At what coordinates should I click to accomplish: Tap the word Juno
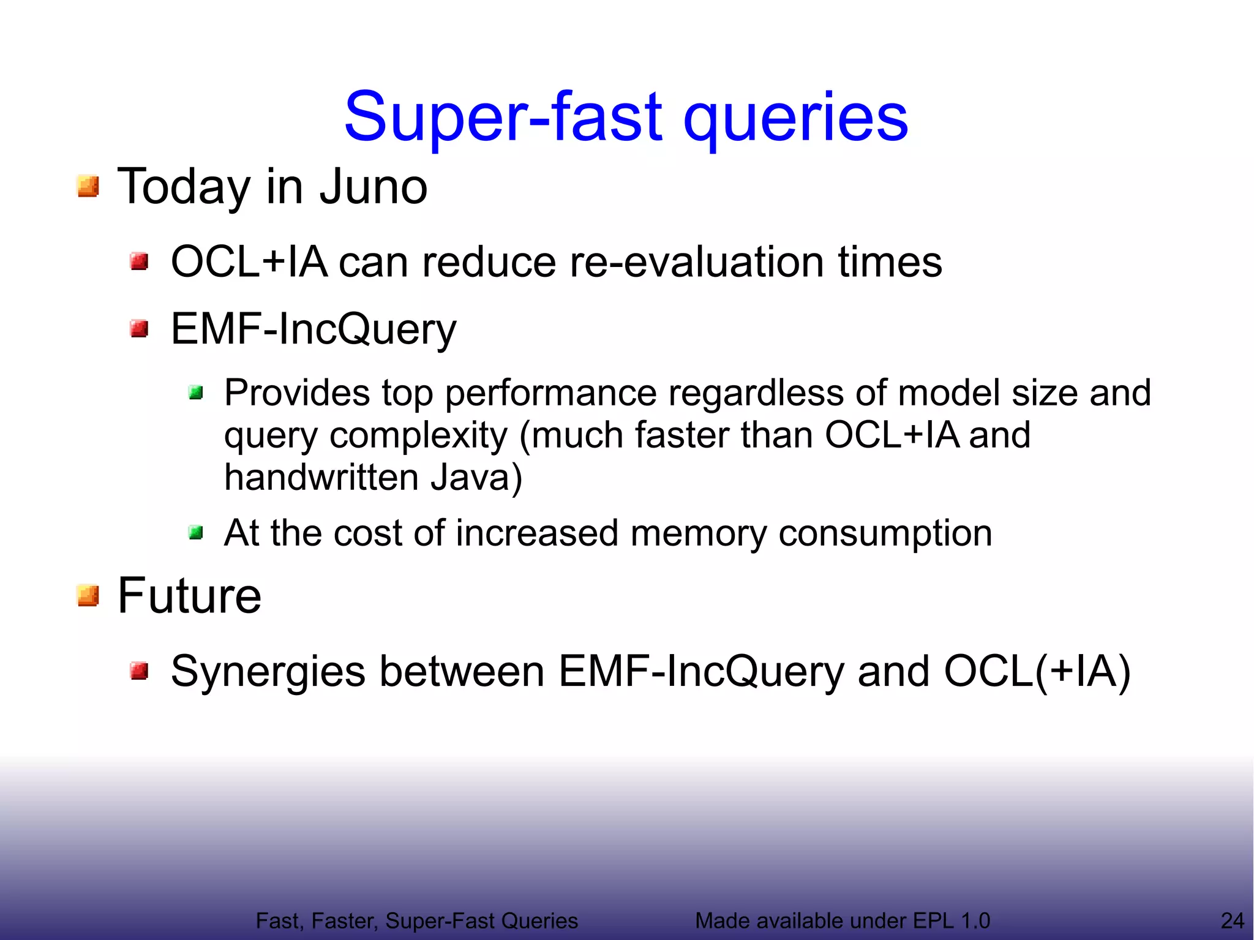[x=373, y=187]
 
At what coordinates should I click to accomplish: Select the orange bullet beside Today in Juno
[x=88, y=186]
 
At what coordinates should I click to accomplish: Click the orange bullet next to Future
[x=88, y=595]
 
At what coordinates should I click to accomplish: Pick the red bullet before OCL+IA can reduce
[x=140, y=262]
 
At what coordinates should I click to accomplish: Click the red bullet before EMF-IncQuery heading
[x=140, y=329]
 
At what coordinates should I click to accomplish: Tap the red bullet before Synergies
[x=140, y=671]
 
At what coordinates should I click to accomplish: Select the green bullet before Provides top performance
[x=196, y=393]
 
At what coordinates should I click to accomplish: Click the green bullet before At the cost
[x=196, y=533]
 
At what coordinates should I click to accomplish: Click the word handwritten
[x=321, y=478]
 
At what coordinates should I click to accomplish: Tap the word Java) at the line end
[x=476, y=478]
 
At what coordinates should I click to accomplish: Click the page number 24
[x=1232, y=920]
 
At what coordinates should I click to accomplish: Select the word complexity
[x=418, y=436]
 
